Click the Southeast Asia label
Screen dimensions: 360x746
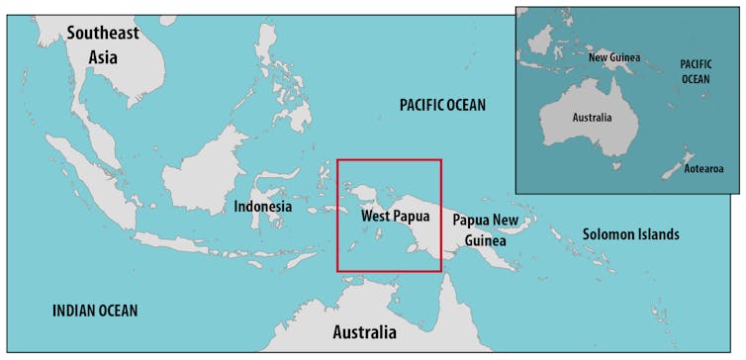(x=103, y=45)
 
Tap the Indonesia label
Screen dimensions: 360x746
(x=262, y=207)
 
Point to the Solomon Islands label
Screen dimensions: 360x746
(x=630, y=234)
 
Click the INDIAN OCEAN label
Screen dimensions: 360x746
(x=95, y=311)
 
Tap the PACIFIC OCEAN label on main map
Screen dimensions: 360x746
(x=442, y=105)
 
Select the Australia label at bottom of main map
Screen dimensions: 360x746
(x=364, y=331)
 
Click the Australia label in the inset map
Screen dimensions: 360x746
(x=592, y=117)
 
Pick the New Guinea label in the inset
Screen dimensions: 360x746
(x=614, y=57)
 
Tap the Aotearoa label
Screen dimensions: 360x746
(x=703, y=169)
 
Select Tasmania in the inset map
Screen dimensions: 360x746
(x=616, y=166)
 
